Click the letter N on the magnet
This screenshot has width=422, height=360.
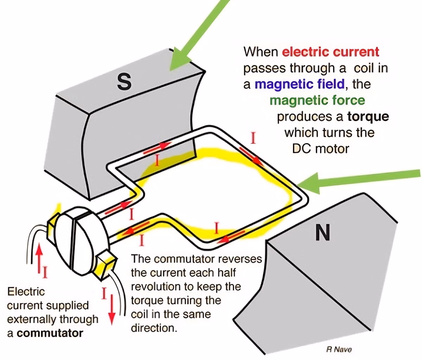323,232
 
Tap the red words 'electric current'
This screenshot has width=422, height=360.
331,52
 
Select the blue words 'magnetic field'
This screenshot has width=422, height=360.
299,84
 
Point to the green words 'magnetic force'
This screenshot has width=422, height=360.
317,100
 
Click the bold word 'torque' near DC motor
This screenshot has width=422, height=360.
368,116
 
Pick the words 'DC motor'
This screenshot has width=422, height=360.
320,149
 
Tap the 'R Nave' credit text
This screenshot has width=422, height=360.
339,349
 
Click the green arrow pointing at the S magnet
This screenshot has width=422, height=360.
197,35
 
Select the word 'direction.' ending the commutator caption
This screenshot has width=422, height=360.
153,328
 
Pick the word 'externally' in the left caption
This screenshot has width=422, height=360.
30,319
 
